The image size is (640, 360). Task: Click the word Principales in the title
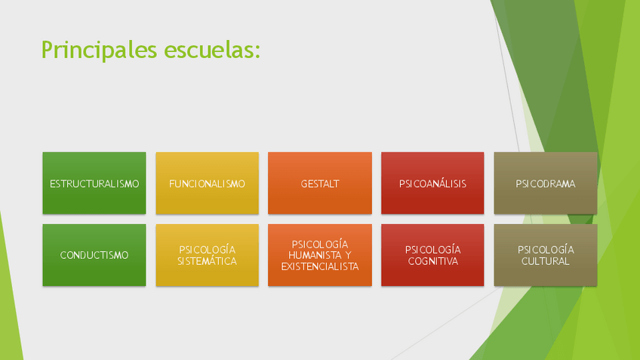[99, 51]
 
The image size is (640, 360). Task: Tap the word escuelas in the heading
[209, 50]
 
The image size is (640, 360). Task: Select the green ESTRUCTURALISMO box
[94, 183]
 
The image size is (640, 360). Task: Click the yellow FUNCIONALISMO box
[208, 183]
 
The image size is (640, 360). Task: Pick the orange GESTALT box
[320, 183]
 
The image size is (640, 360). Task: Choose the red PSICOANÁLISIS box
[432, 183]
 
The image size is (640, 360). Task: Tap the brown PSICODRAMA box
[546, 183]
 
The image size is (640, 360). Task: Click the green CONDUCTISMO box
[94, 255]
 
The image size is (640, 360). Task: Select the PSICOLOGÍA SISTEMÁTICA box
[208, 255]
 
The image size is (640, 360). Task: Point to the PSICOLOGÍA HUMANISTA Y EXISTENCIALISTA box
[320, 255]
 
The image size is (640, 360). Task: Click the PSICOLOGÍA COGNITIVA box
[432, 255]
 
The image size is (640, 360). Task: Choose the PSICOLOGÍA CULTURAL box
[546, 255]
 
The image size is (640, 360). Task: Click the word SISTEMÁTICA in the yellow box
[208, 261]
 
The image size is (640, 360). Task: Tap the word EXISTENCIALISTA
[320, 266]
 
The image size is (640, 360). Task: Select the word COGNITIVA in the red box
[433, 261]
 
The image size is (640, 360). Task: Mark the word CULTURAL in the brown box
[546, 261]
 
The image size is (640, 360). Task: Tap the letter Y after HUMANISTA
[348, 256]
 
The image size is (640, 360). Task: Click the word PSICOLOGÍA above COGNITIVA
[433, 249]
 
